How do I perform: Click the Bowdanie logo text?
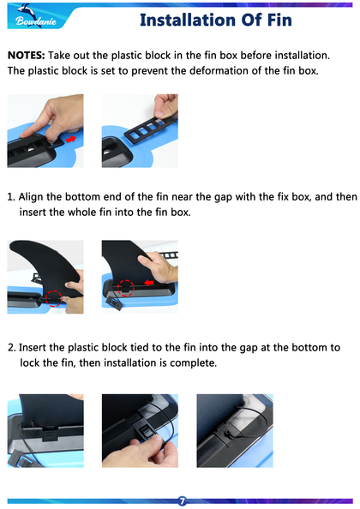click(x=36, y=21)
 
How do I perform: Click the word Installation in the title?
click(x=189, y=20)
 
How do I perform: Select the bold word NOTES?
click(x=27, y=55)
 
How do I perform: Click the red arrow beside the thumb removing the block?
click(x=71, y=139)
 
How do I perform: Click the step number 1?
click(x=11, y=197)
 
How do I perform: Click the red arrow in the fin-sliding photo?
click(x=148, y=283)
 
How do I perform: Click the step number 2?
click(x=12, y=347)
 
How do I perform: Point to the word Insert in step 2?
click(x=32, y=347)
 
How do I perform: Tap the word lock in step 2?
click(x=29, y=362)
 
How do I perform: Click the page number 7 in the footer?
click(x=182, y=500)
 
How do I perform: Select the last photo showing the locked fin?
click(x=235, y=431)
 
